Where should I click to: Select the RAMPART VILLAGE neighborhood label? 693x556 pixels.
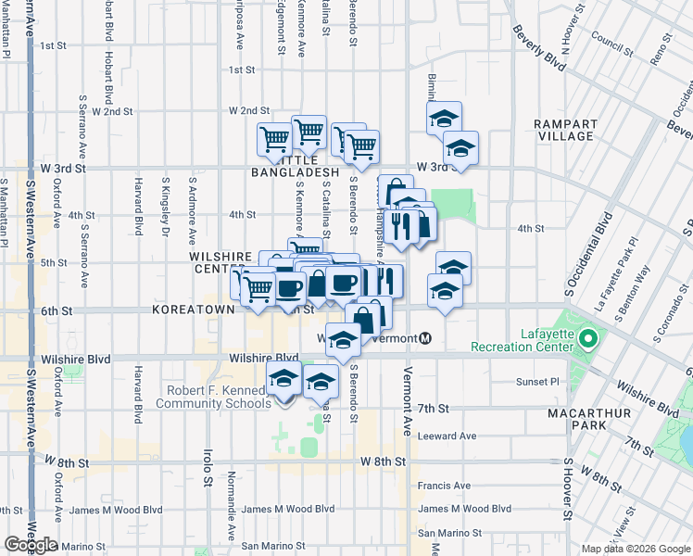click(563, 130)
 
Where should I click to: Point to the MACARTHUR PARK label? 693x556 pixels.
click(601, 419)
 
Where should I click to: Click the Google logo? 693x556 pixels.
click(31, 544)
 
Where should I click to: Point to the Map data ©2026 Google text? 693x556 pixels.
click(635, 549)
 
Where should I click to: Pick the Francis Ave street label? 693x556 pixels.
click(444, 485)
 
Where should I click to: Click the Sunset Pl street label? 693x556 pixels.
click(538, 381)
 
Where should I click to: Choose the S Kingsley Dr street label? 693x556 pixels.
click(166, 201)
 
